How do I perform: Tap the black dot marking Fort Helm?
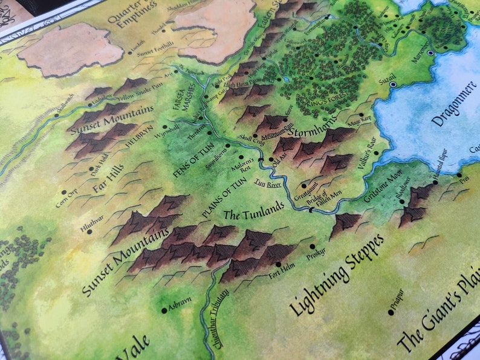click(x=278, y=265)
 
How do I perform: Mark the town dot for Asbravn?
click(x=164, y=310)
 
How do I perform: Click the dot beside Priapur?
click(x=390, y=312)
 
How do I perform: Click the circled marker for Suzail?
click(x=394, y=85)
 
